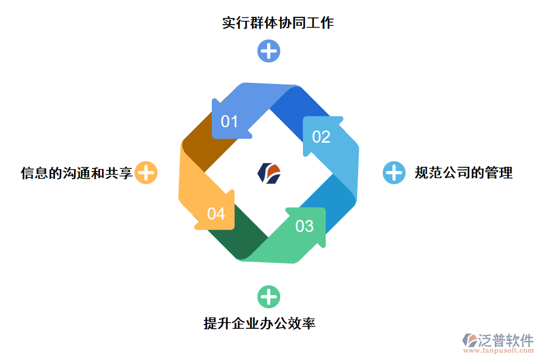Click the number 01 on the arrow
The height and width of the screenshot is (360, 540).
[230, 122]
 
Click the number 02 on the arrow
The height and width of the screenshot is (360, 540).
[321, 137]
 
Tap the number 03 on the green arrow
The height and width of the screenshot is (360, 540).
[305, 226]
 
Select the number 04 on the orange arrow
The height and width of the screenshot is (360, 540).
[216, 214]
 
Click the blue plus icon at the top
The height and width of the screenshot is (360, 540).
[269, 51]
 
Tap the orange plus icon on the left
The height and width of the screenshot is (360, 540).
[146, 173]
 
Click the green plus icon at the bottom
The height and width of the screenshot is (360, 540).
[269, 296]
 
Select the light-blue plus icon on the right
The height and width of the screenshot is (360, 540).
[394, 173]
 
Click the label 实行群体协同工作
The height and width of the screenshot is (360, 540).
[277, 23]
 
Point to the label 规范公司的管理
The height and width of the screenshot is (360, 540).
[463, 173]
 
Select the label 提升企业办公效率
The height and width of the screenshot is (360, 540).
[259, 323]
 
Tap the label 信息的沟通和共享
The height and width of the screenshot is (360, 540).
[76, 173]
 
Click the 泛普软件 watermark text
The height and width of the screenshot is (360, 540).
[505, 340]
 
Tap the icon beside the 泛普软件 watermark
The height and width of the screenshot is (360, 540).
[469, 341]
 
